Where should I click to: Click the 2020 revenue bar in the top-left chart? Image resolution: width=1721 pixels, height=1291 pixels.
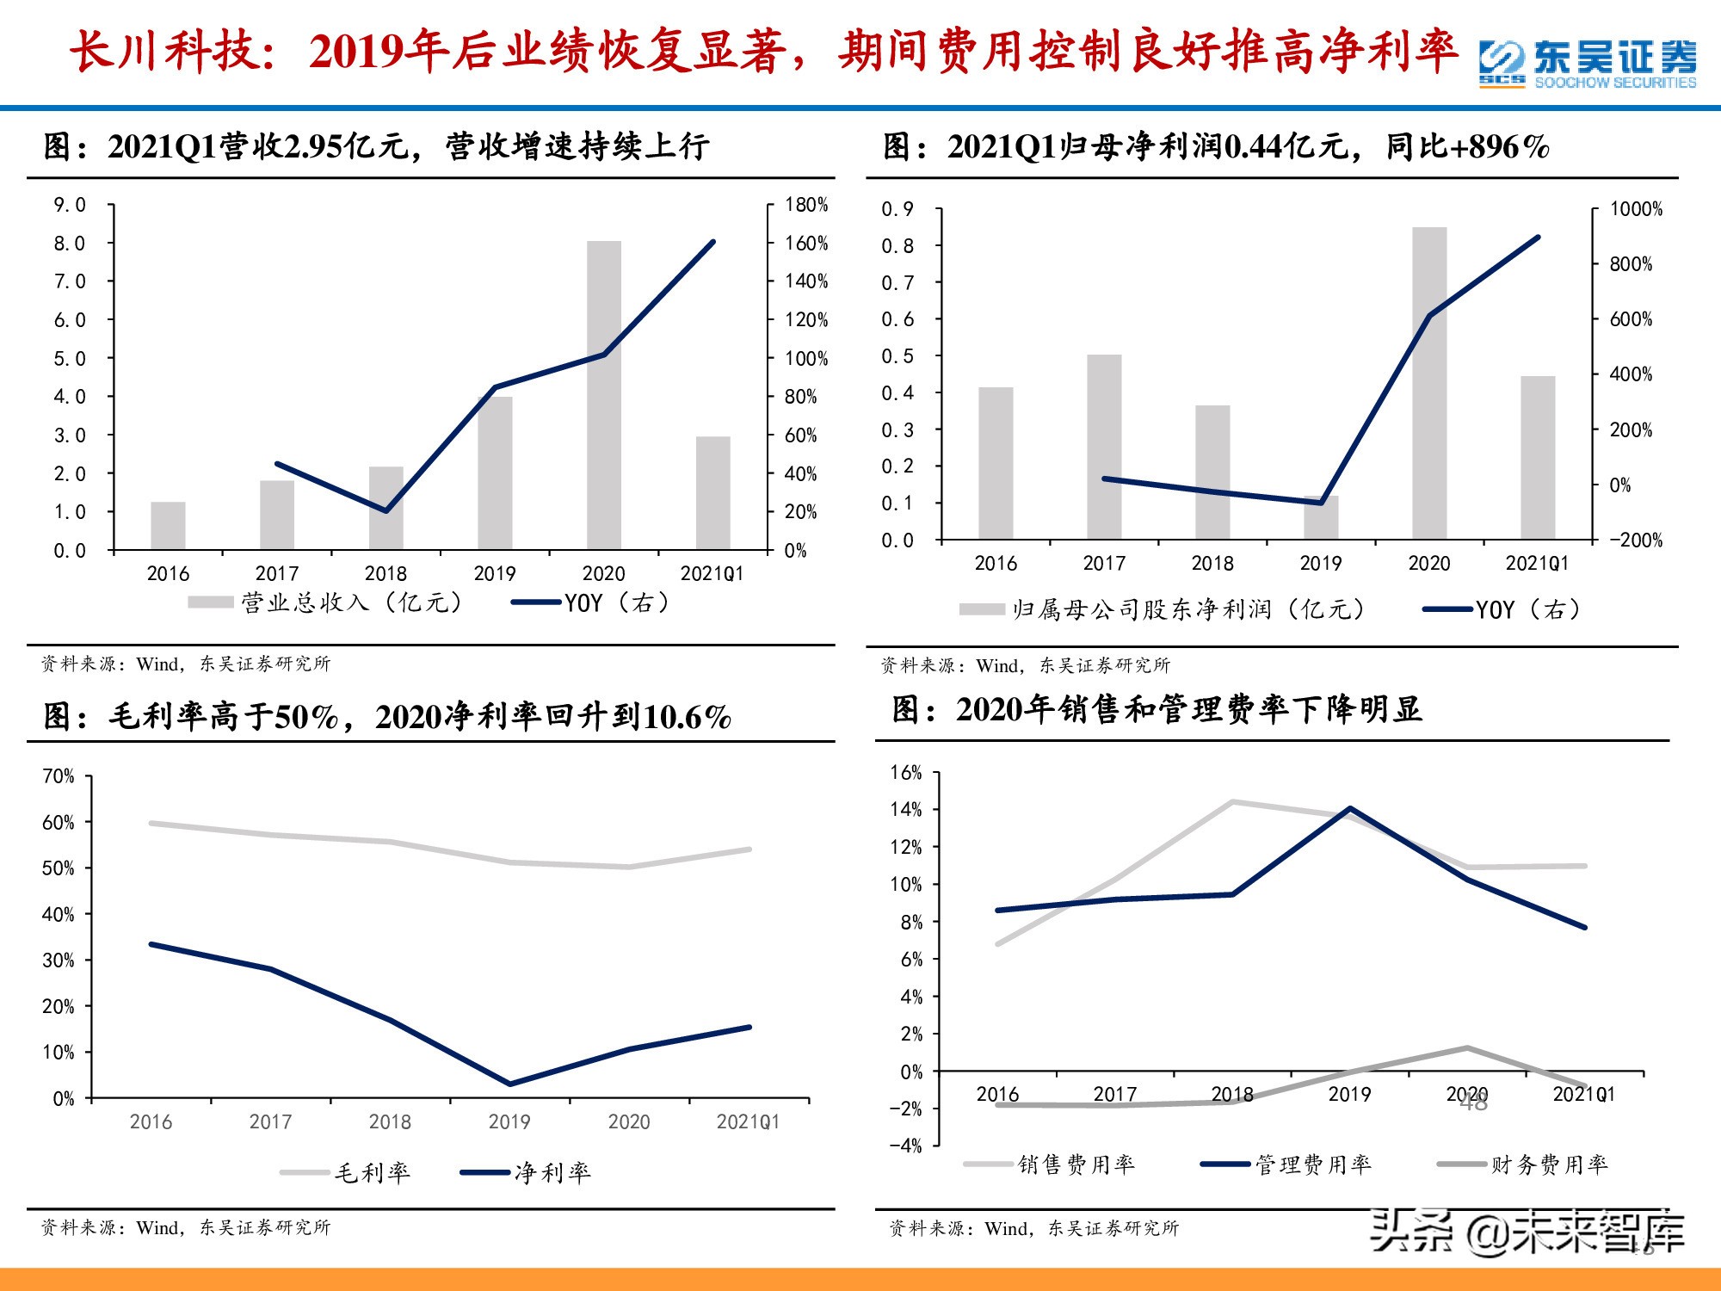(603, 396)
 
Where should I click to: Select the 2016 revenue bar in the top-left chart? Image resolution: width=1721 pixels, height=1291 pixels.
(168, 526)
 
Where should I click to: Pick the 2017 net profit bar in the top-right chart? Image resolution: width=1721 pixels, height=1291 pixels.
(1104, 448)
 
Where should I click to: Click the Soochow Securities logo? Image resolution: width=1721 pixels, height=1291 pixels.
(1588, 63)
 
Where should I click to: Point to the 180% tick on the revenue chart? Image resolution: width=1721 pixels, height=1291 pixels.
(806, 205)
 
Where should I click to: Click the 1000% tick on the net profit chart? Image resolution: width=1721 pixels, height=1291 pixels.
(1636, 209)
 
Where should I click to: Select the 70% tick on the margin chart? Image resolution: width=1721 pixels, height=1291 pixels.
(58, 776)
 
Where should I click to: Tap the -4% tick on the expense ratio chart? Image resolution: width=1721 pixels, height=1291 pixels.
(905, 1146)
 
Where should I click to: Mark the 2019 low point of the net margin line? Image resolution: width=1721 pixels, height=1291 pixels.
(509, 1084)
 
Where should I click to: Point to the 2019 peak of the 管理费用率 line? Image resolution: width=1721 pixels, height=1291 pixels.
(1349, 808)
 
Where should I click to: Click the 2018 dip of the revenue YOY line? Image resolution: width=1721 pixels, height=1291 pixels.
(386, 510)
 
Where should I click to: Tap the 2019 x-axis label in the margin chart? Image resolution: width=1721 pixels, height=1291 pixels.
(509, 1121)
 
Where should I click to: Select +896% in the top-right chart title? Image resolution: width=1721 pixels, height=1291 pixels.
(1499, 146)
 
